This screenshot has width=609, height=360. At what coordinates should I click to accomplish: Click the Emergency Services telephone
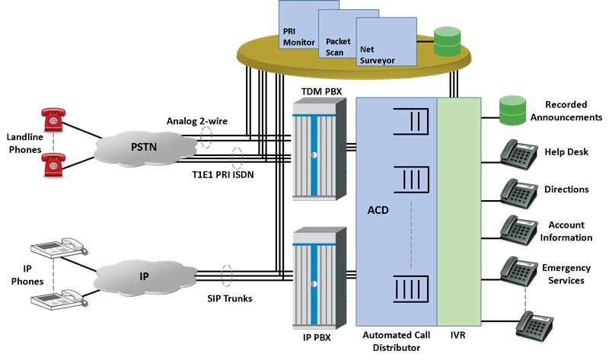pyautogui.click(x=518, y=270)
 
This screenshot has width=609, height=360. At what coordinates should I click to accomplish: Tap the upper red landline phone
pyautogui.click(x=53, y=117)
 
